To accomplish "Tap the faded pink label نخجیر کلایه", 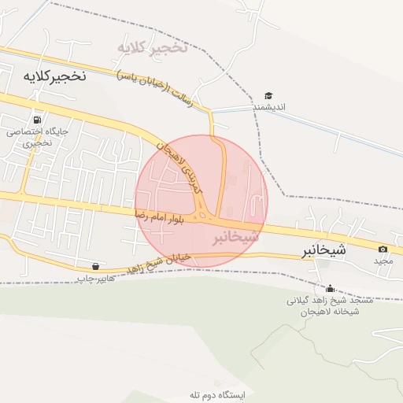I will click(x=152, y=47).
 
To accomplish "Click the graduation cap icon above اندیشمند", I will click(x=268, y=96).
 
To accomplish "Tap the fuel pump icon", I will click(x=38, y=120).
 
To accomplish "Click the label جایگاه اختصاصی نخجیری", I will click(x=39, y=138).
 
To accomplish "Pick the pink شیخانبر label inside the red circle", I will click(x=235, y=236).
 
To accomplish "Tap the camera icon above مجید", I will click(x=383, y=249).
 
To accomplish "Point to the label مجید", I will click(x=383, y=261).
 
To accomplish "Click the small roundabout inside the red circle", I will click(x=205, y=215).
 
